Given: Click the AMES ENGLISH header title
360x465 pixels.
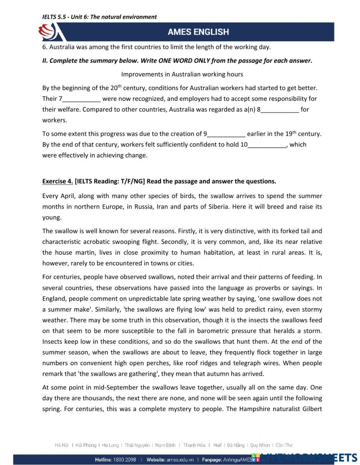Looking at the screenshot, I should click(198, 32).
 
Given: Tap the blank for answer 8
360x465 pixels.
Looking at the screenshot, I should click(280, 110).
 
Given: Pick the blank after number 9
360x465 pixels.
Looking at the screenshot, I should click(226, 134).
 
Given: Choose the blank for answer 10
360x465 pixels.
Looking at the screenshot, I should click(267, 145).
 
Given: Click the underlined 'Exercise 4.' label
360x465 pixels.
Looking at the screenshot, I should click(58, 181).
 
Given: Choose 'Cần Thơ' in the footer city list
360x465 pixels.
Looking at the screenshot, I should click(284, 445).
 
